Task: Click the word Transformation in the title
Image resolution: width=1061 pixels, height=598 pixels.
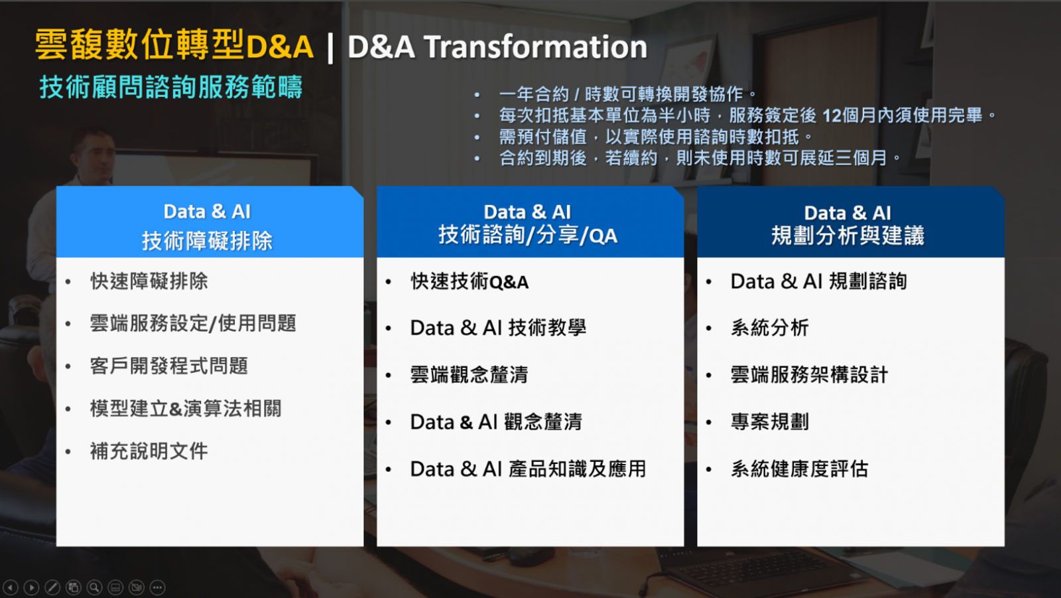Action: click(536, 47)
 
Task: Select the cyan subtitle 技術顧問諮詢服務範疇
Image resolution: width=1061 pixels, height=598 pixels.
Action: click(171, 87)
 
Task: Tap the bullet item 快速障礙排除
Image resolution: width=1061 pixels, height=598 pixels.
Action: click(149, 281)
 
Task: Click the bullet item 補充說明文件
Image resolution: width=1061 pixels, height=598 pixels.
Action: click(149, 451)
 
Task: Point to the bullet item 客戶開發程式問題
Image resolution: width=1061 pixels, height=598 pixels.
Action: click(169, 366)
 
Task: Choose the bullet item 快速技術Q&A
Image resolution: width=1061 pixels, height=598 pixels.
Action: click(469, 281)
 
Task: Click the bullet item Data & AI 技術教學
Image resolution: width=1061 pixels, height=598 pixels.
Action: click(498, 328)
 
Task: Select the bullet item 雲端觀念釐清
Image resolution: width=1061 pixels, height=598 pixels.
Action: click(469, 374)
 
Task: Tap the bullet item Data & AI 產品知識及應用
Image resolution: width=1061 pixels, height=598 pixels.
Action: click(528, 469)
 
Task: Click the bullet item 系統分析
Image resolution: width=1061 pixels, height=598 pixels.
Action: click(770, 328)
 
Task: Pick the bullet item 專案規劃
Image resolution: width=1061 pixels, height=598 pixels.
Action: click(770, 421)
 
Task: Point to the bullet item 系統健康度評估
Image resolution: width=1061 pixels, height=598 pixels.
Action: click(800, 469)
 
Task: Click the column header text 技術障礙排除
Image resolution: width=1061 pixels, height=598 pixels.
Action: click(208, 240)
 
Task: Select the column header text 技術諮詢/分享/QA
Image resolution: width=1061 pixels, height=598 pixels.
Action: click(528, 235)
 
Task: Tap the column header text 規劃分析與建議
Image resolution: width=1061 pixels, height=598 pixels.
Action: click(848, 236)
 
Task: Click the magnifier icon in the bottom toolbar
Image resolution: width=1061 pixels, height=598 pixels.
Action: click(94, 587)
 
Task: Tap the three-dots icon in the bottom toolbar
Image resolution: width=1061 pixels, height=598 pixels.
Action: click(157, 587)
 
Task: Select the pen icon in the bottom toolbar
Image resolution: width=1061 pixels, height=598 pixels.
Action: click(52, 587)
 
